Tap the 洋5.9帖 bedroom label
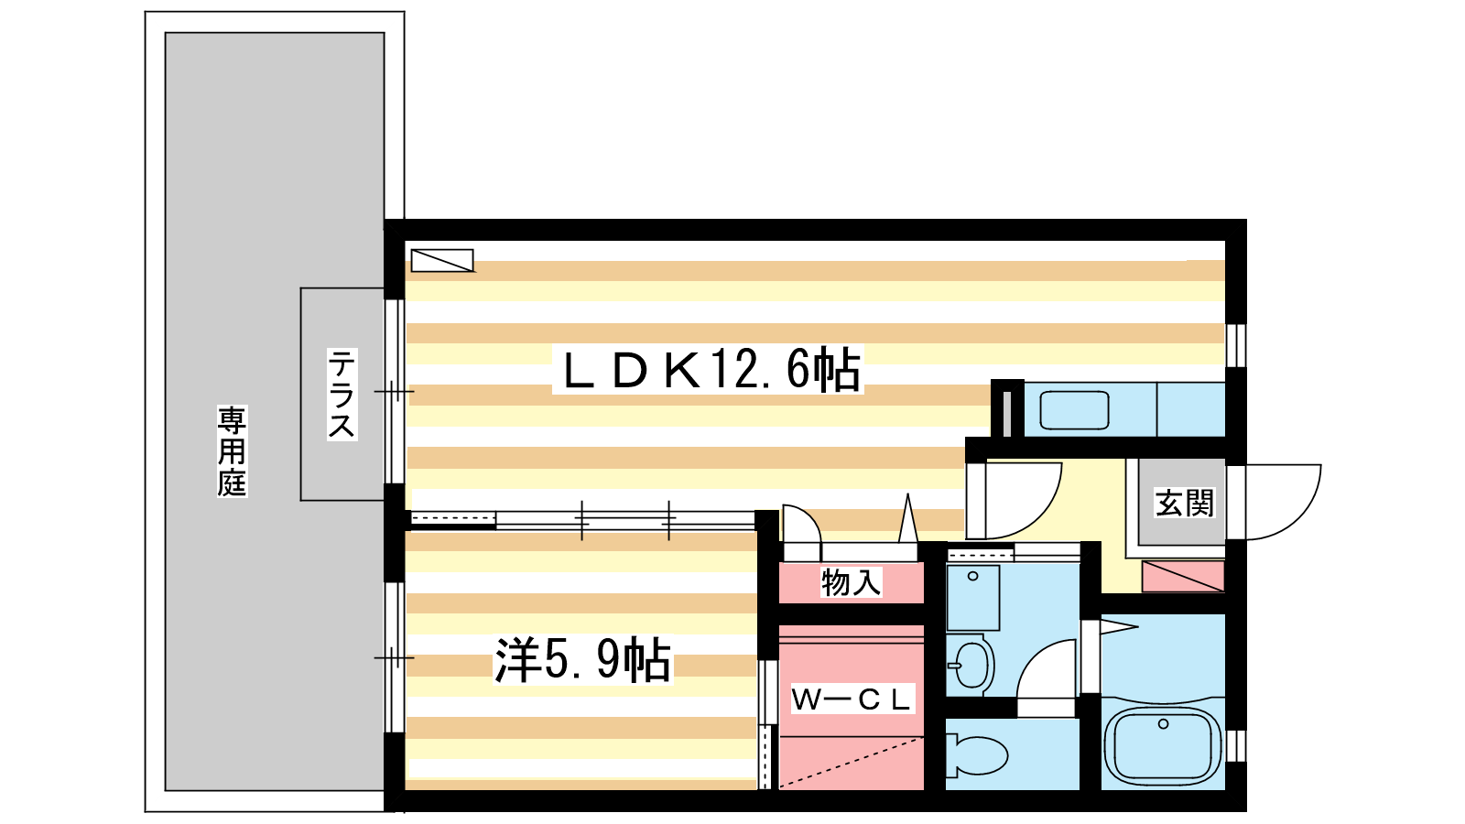582,660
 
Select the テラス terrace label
342,394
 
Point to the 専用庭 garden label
233,450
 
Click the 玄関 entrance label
1185,503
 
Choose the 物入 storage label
851,582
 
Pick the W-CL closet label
851,699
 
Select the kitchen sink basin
1074,410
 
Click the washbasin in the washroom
971,665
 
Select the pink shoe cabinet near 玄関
1182,576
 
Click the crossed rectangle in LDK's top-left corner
442,260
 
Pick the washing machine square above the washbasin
973,598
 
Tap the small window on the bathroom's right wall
1235,746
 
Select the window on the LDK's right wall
1235,345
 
